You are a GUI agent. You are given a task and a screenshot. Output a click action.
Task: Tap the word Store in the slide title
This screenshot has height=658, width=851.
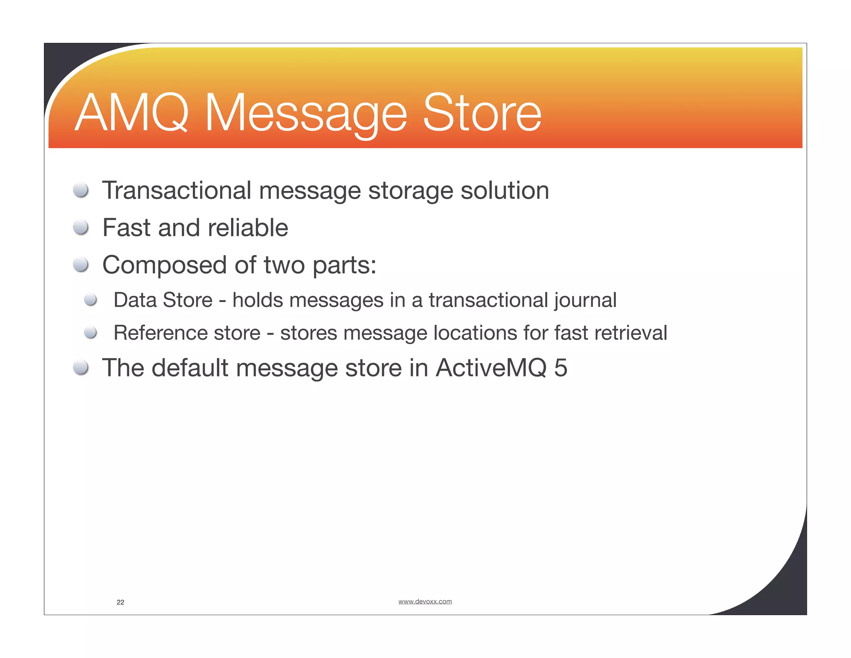(482, 113)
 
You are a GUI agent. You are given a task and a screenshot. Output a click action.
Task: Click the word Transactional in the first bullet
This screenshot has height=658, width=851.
(177, 190)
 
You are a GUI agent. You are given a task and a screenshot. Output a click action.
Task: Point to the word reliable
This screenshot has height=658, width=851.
(248, 228)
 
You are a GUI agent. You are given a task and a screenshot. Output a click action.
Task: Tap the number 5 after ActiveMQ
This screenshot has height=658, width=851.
(561, 368)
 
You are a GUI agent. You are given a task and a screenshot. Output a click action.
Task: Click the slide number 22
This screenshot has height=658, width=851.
(121, 602)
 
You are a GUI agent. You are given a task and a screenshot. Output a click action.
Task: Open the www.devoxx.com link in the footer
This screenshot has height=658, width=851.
(425, 601)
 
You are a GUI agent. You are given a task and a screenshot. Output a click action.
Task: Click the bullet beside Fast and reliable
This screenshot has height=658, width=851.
(81, 228)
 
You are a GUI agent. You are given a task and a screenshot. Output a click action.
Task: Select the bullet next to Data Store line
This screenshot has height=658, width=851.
(90, 300)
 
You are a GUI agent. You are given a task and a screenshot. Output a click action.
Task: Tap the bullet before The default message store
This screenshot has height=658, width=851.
(81, 368)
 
